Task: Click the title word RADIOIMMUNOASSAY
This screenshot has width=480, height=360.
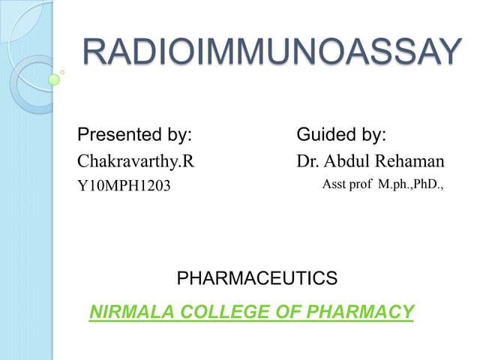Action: coord(271,52)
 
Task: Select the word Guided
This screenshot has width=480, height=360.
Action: coord(330,136)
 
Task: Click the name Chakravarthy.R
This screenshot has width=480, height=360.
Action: coord(130,160)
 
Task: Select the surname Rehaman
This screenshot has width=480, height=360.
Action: coord(411,160)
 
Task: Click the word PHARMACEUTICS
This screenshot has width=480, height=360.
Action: coord(256,279)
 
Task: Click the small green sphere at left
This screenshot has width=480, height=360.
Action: coord(54,79)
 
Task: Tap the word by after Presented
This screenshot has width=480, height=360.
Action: coord(179,136)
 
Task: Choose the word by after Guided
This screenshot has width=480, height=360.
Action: coord(374,136)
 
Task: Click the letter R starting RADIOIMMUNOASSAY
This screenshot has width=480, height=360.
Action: coord(97,52)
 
